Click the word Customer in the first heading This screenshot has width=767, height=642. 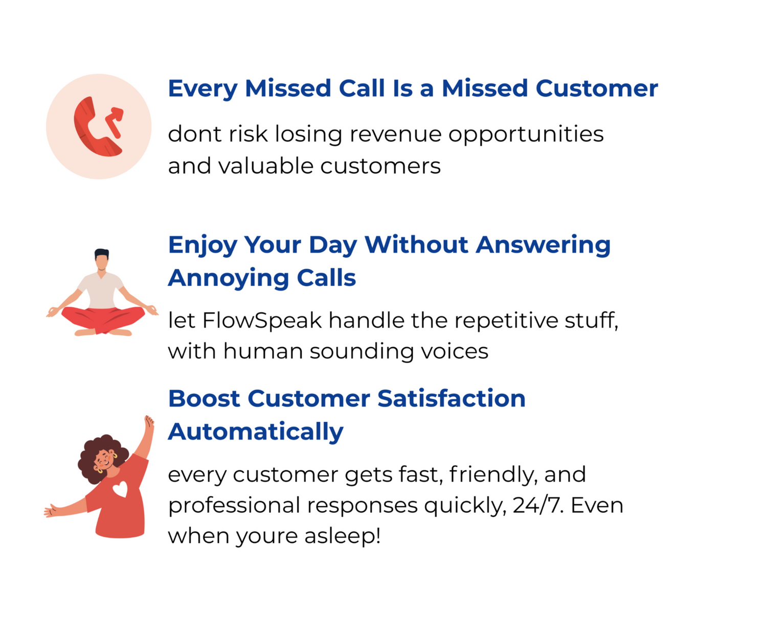pos(597,88)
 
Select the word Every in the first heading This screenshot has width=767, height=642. pos(203,89)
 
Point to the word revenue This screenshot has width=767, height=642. pos(395,134)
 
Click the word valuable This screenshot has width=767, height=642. pos(266,165)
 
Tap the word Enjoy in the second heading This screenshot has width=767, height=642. pos(202,245)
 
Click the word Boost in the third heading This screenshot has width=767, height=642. pos(204,398)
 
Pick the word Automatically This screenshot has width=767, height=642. pos(256,432)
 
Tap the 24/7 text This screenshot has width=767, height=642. pos(538,506)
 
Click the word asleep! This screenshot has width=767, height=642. pos(343,536)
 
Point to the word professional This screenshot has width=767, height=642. pos(234,506)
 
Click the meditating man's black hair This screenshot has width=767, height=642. pos(102,253)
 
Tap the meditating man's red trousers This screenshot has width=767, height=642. pos(103,319)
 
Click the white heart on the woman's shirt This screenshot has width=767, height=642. pos(120,489)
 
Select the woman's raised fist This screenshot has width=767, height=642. pos(149,421)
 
